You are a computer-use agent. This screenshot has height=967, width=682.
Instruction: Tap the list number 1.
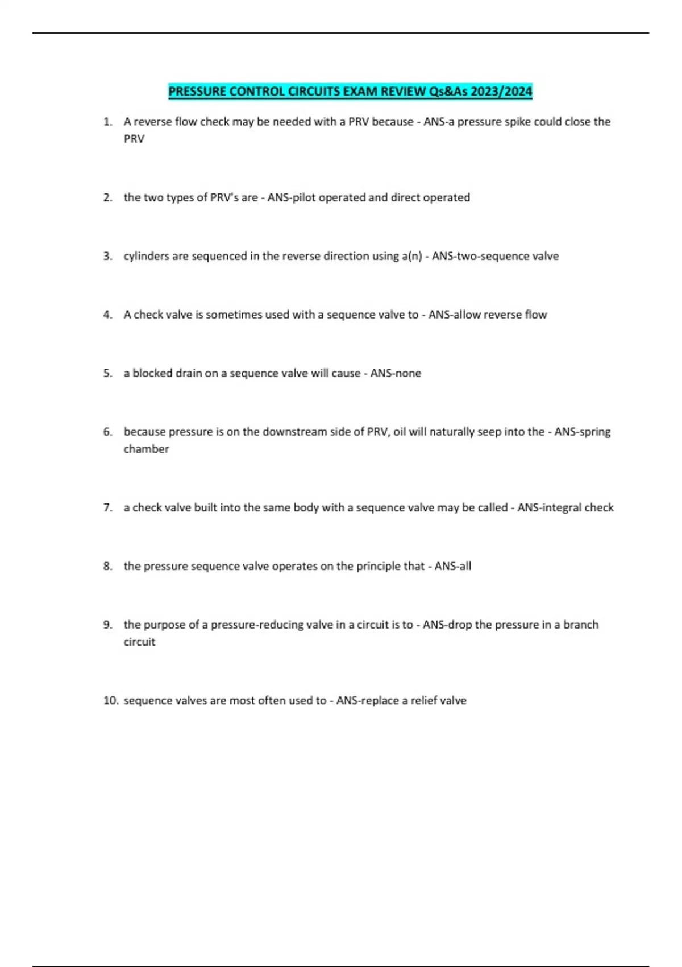pyautogui.click(x=107, y=122)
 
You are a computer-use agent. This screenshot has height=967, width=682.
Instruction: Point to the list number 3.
pyautogui.click(x=107, y=256)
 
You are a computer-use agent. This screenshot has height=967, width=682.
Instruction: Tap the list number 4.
pyautogui.click(x=107, y=315)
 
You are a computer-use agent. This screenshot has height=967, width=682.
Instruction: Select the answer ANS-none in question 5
pyautogui.click(x=396, y=373)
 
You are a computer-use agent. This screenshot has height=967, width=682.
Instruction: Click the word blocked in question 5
pyautogui.click(x=152, y=373)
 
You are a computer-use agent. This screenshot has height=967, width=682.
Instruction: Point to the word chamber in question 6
pyautogui.click(x=146, y=449)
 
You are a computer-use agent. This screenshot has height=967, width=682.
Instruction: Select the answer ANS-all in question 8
pyautogui.click(x=452, y=566)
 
